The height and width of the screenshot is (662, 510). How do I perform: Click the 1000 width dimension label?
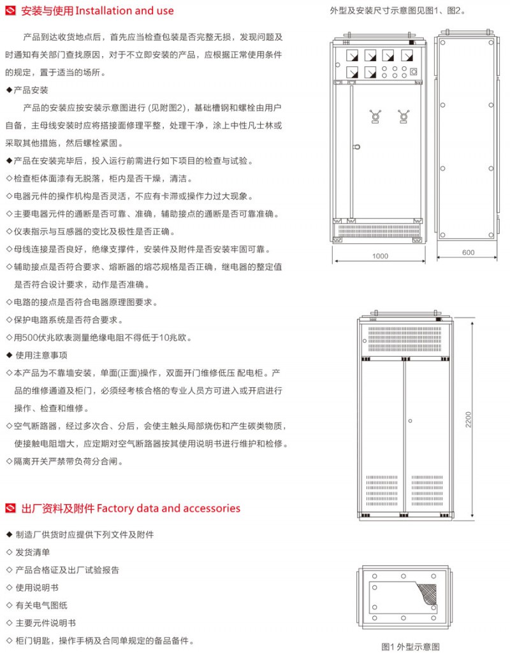click(380, 256)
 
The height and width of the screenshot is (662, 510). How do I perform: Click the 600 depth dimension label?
click(468, 252)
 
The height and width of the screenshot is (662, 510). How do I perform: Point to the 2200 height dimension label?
click(468, 419)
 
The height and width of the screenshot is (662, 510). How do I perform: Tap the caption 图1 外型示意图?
click(411, 647)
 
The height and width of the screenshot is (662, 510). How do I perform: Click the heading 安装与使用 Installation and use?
click(97, 11)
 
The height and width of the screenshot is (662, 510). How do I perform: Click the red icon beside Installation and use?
click(11, 11)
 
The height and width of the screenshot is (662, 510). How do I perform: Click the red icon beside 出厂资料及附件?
click(11, 508)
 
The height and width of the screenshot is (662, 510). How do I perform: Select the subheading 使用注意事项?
click(37, 355)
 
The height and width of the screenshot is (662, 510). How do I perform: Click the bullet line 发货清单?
click(28, 552)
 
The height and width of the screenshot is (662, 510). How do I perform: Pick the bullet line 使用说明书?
click(32, 587)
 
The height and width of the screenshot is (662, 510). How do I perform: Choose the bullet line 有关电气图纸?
click(37, 605)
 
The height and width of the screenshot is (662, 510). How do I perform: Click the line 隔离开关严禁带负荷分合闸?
click(65, 461)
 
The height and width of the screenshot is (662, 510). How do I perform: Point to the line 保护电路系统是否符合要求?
click(64, 320)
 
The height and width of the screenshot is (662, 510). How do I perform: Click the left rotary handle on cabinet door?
click(375, 117)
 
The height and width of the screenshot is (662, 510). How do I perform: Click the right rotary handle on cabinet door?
click(404, 117)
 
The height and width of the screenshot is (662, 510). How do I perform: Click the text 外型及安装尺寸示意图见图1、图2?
click(398, 11)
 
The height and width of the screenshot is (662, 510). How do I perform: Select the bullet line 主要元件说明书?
click(41, 623)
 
